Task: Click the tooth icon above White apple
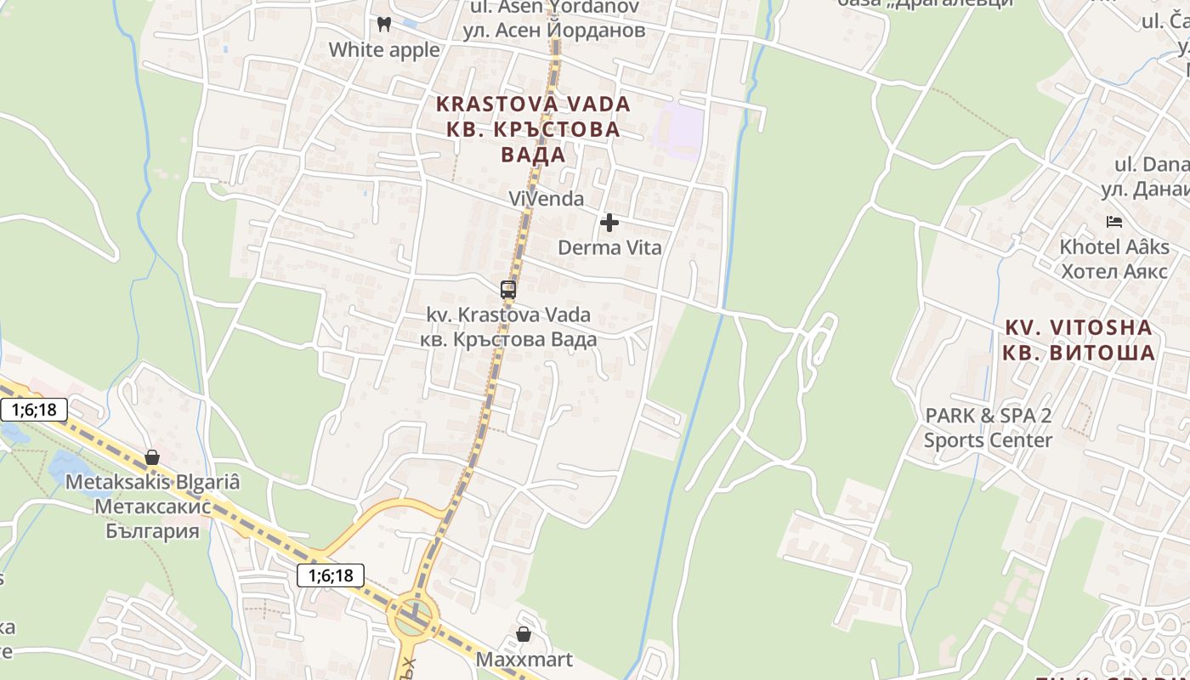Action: click(x=383, y=25)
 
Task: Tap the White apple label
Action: click(x=384, y=50)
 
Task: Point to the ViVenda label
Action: click(x=546, y=199)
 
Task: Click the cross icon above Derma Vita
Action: click(x=609, y=223)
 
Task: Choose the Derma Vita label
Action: click(x=609, y=248)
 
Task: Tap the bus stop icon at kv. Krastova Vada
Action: click(x=508, y=290)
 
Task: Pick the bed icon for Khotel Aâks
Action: click(x=1114, y=223)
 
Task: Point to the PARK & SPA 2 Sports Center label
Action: click(x=988, y=428)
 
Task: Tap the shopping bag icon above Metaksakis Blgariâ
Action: click(x=152, y=457)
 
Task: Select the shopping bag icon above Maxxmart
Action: click(x=524, y=635)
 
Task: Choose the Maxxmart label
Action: click(x=524, y=660)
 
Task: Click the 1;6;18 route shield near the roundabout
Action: click(x=331, y=575)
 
